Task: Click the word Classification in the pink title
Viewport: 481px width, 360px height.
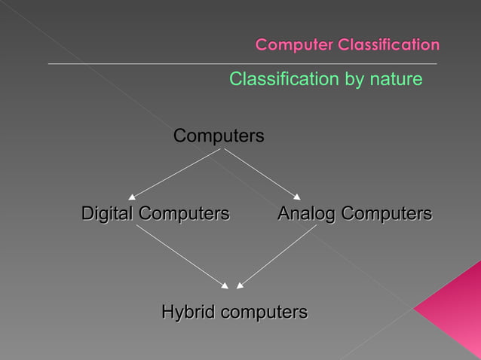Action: [388, 45]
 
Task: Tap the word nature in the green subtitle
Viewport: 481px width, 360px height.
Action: [395, 78]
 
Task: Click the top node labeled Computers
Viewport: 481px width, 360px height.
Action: [219, 136]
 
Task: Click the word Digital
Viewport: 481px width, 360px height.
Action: [106, 214]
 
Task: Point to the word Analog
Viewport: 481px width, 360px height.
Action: [306, 214]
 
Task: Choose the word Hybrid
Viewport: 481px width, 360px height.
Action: [186, 312]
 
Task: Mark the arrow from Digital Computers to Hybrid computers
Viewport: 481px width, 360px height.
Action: [181, 256]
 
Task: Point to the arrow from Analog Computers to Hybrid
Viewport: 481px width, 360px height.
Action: [277, 256]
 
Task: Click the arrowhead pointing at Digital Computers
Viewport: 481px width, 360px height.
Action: [133, 196]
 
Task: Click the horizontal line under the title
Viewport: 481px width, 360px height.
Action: [241, 64]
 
